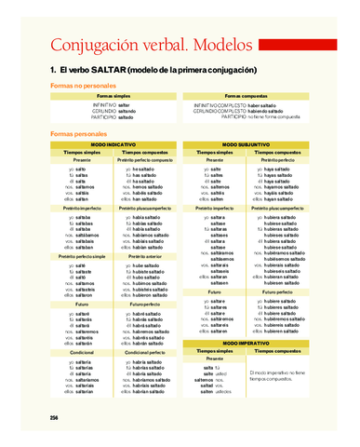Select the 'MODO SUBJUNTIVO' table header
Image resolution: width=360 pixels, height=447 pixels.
coord(250,144)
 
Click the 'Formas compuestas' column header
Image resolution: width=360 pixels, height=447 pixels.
coord(246,96)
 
